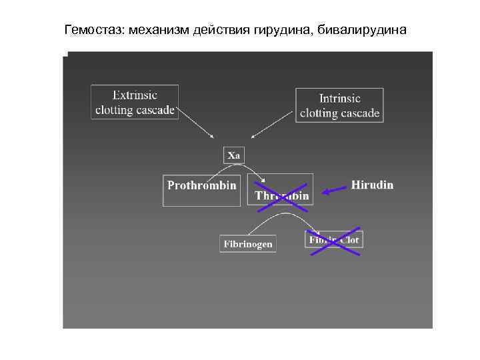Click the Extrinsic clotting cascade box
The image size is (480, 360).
coord(135,102)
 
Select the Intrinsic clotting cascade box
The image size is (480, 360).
coord(339,105)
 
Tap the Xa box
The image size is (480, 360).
coord(234,155)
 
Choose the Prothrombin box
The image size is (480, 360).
coord(201,190)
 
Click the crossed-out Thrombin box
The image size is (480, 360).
coord(281,191)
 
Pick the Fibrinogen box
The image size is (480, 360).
coord(247,244)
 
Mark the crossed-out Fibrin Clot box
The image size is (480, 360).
coord(333,240)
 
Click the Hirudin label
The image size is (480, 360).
coord(372,185)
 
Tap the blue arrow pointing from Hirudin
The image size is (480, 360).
coord(335,191)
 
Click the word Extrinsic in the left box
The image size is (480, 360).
coord(135,95)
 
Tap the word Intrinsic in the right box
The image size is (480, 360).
coord(340,99)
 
